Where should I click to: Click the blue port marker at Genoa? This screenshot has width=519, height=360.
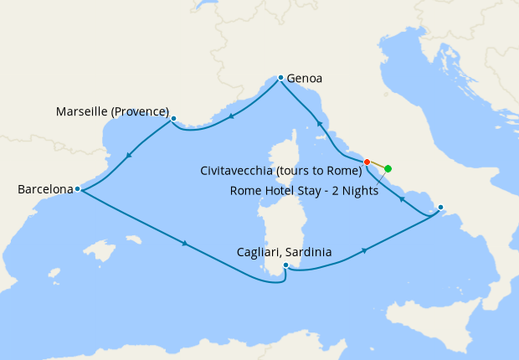tap(280, 77)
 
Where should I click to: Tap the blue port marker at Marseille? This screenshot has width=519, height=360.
tap(173, 119)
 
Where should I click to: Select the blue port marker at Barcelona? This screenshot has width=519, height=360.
tap(77, 189)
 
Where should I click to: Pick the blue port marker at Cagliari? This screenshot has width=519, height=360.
tap(286, 265)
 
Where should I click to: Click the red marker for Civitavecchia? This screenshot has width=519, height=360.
tap(367, 162)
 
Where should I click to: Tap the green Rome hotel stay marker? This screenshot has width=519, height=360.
tap(388, 168)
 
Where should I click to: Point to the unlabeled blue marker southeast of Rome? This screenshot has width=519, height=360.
tap(440, 207)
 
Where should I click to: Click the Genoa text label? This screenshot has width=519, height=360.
tap(304, 80)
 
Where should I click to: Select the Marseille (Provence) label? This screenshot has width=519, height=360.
tap(112, 111)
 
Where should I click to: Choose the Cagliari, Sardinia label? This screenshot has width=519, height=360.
tap(284, 252)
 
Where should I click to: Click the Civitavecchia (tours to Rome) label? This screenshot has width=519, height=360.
tap(281, 171)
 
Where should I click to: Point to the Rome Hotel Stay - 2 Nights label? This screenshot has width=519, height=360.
tap(304, 190)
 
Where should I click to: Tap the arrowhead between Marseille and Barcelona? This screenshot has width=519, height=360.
tap(128, 155)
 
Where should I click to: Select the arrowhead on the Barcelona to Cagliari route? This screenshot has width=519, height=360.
tap(184, 244)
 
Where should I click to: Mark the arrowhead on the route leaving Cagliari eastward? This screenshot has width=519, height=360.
tap(365, 250)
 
